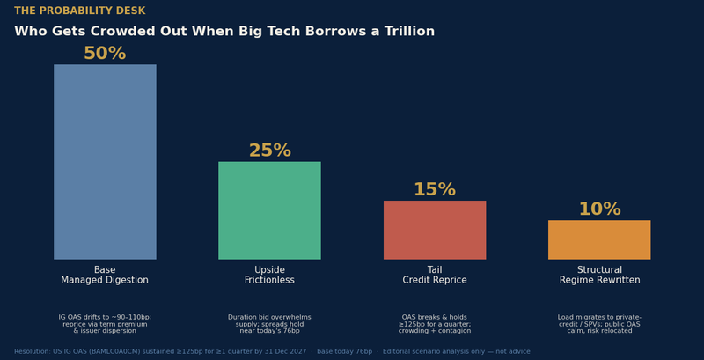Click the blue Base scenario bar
(105, 162)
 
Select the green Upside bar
(269, 210)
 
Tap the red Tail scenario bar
(435, 230)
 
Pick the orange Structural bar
(599, 239)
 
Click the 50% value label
(105, 54)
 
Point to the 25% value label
(270, 151)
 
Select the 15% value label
(435, 189)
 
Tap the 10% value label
(600, 209)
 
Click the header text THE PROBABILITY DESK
(80, 11)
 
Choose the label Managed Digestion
(105, 280)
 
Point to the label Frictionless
(269, 280)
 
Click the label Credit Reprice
(435, 280)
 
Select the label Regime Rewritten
(600, 280)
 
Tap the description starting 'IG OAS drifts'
(105, 324)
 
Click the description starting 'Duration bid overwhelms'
(269, 324)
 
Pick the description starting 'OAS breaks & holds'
(435, 324)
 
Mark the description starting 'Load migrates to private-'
(599, 324)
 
